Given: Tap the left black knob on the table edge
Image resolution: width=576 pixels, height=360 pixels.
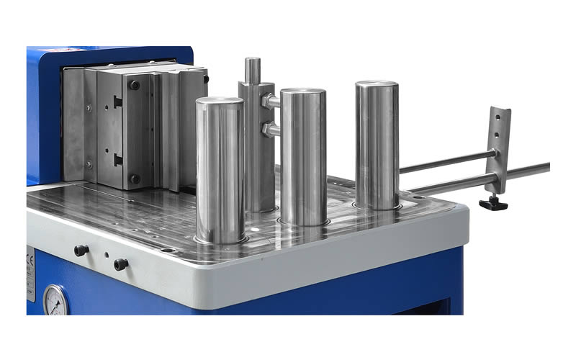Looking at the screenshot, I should click(81, 251).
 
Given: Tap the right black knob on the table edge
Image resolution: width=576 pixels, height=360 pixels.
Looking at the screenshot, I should click(120, 264).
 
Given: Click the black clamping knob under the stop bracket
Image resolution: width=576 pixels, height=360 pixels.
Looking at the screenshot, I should click(494, 203).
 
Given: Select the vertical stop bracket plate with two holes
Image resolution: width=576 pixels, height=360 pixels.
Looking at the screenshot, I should click(499, 148).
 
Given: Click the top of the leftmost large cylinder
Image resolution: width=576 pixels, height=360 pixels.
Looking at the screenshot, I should click(220, 102).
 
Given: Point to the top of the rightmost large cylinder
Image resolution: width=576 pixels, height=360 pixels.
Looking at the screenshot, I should click(377, 85).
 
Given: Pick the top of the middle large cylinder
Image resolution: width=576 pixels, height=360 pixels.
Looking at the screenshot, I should click(303, 93).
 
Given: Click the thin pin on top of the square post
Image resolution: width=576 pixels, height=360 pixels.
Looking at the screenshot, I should click(252, 70).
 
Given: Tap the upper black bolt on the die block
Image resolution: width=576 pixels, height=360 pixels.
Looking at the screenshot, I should click(135, 85).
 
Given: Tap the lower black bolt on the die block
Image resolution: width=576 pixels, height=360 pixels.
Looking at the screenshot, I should click(135, 178).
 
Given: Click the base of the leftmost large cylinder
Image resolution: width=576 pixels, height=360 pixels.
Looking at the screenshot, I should click(220, 236).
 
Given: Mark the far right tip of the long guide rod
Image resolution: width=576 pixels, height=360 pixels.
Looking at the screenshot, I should click(547, 167).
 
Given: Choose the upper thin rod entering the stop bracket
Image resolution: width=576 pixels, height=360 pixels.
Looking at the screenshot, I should click(446, 161).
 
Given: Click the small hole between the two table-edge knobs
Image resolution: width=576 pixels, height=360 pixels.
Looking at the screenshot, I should click(107, 255).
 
